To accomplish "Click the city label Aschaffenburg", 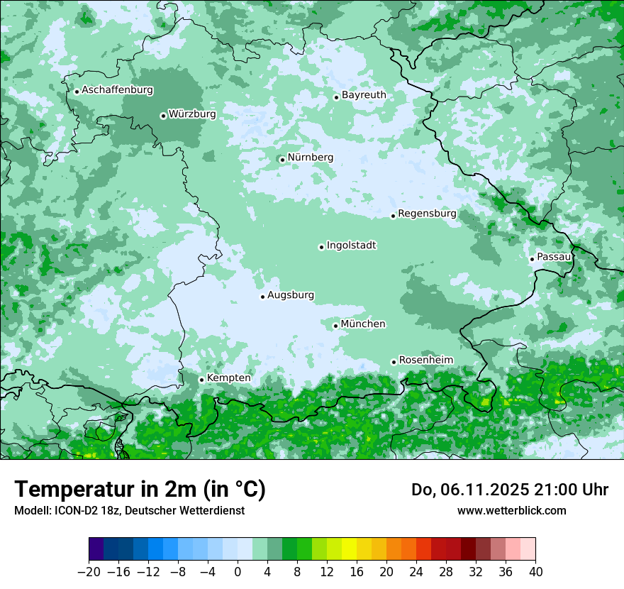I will [x=117, y=90].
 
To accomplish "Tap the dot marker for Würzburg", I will [x=163, y=116].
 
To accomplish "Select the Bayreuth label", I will [x=364, y=94].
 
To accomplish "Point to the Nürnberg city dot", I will [x=282, y=160].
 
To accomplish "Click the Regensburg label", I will [x=427, y=213].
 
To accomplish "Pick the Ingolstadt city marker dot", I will [x=321, y=247].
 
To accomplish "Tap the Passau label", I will [x=554, y=256].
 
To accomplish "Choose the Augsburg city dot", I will [x=262, y=297].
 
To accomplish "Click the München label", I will [x=363, y=324].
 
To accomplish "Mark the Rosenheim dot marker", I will [x=394, y=362].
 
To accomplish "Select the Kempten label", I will [x=228, y=378].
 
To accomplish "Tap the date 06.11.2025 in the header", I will [x=484, y=490].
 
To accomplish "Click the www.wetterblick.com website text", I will [x=511, y=510].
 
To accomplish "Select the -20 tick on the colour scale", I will [x=89, y=572].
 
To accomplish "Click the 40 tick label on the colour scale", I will [x=535, y=572].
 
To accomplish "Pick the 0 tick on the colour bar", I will [x=238, y=572].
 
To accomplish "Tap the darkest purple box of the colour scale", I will [x=96, y=549].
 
